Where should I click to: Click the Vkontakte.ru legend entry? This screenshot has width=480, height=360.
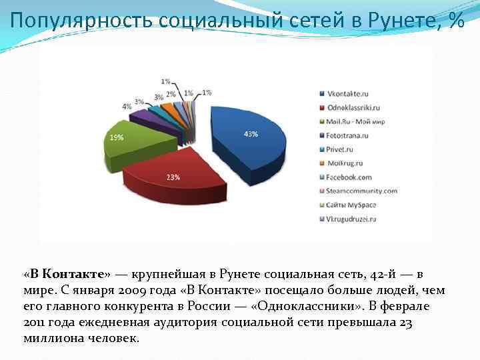347,93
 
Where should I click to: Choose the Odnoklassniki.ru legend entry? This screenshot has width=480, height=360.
353,107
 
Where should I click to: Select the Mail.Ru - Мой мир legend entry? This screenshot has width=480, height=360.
355,121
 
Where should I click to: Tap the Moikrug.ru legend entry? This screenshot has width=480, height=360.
343,163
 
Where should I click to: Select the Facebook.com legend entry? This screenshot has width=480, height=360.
349,177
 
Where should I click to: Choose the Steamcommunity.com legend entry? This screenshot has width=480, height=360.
361,191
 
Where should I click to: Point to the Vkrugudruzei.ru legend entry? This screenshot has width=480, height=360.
351,219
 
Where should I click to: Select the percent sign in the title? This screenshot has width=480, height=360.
457,21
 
